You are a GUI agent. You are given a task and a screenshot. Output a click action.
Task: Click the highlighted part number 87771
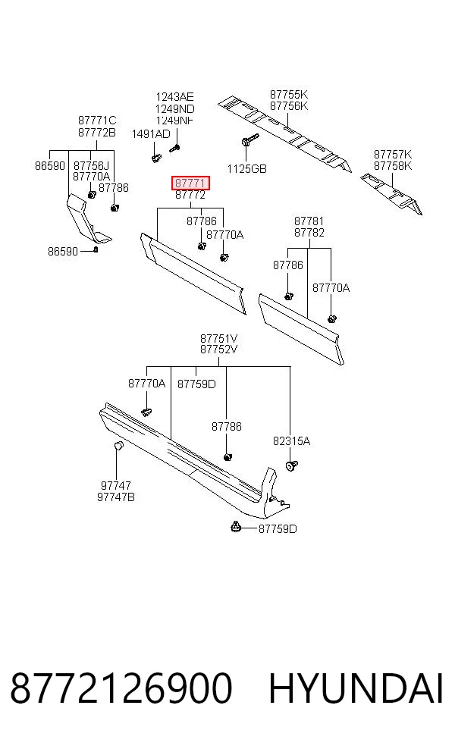point(190,183)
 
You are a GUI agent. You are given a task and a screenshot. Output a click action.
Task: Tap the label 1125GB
point(246,169)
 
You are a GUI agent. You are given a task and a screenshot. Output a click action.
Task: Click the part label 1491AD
point(151,134)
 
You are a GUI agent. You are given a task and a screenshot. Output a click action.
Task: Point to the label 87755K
point(289,95)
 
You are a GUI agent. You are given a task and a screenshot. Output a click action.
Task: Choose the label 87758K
point(393,166)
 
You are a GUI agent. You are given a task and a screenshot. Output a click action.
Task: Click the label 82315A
point(291,441)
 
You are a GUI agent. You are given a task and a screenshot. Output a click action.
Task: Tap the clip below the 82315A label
point(290,465)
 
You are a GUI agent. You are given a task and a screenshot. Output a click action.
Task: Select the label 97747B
point(116,497)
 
